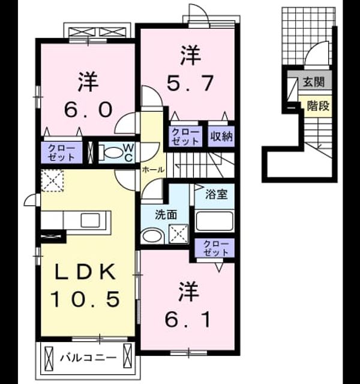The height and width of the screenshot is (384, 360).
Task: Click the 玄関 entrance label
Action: coord(314,82)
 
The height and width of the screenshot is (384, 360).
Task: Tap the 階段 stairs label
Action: coord(318,106)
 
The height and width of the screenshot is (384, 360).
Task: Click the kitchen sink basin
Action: coord(91,220)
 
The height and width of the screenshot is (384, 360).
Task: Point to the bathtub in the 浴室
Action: coord(214,221)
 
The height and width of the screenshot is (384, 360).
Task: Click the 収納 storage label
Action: coord(221,136)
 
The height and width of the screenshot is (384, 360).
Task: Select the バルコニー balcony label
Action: coord(88,358)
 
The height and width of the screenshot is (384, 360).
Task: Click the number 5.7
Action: coord(190,83)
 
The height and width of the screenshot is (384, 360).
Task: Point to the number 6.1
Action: coord(187,319)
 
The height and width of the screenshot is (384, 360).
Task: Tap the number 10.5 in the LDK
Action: coord(85,299)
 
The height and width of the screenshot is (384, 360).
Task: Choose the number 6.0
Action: coord(88,109)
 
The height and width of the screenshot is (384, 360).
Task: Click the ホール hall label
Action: coord(153,169)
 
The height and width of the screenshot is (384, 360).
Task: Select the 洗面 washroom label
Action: coord(166,215)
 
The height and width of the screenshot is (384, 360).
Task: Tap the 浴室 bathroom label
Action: coord(216,194)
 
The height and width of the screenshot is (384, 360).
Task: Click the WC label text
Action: coord(128,153)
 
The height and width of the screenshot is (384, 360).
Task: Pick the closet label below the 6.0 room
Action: coord(61,153)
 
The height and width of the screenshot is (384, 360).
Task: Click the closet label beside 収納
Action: coord(185,137)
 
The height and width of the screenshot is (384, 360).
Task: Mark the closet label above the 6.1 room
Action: coord(216,248)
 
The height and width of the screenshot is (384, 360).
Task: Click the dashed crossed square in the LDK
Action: coord(52,181)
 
